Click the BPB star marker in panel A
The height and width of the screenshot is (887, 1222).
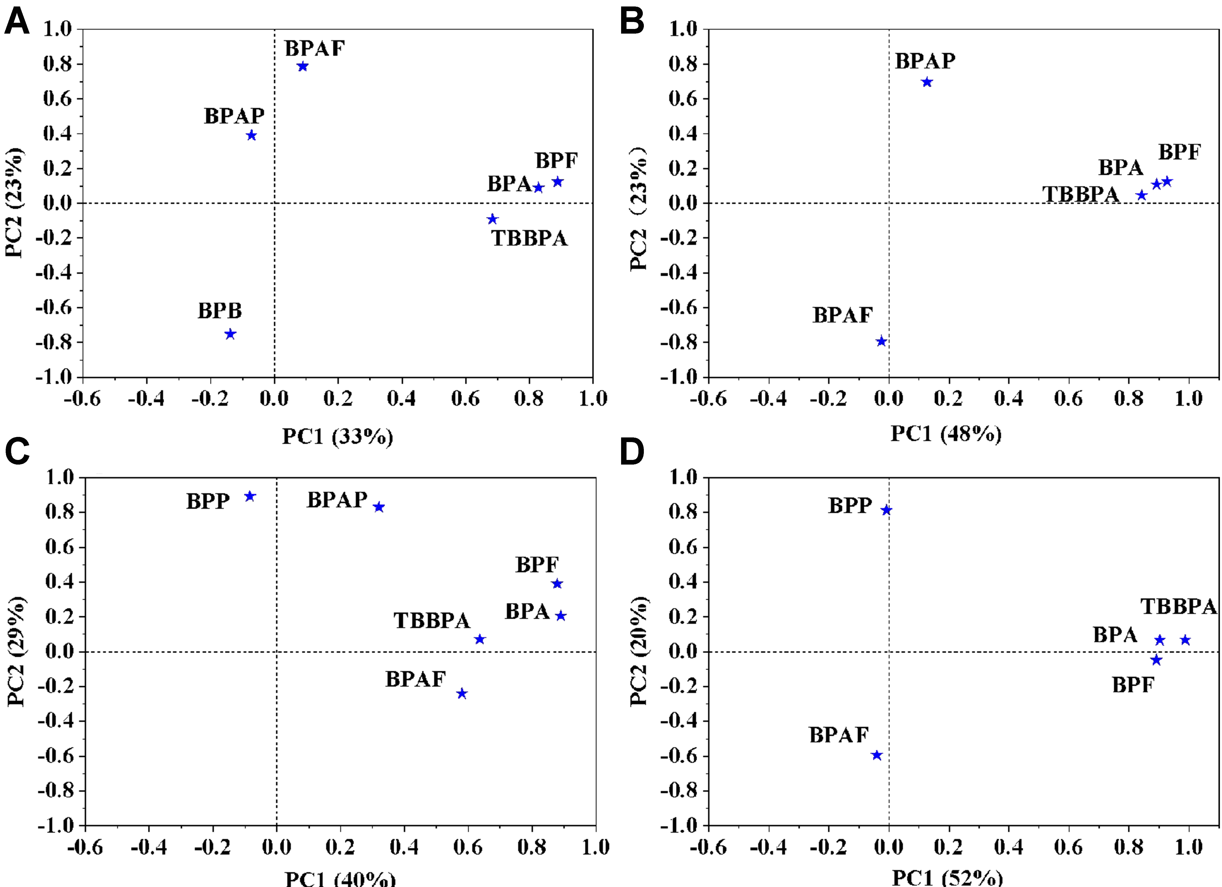click(230, 335)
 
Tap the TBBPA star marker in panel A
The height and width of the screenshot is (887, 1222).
click(492, 219)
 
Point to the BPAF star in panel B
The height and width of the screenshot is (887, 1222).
click(881, 341)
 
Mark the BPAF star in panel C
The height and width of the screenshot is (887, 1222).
click(462, 694)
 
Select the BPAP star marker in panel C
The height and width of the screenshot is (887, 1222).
click(379, 507)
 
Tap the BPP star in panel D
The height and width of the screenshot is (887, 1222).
click(886, 510)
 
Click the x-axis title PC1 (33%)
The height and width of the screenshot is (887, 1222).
click(338, 436)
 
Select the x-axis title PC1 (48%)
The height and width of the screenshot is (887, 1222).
click(945, 434)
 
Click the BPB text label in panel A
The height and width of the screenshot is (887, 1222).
click(220, 311)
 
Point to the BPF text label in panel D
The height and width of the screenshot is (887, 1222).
click(1133, 685)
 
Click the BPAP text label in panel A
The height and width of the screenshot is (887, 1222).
click(234, 116)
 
